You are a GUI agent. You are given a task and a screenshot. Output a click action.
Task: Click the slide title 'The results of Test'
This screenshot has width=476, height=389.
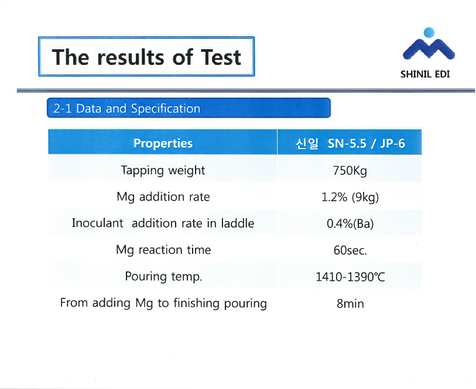pyautogui.click(x=146, y=57)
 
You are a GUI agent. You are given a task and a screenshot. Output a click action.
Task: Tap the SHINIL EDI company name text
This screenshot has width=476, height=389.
pyautogui.click(x=425, y=74)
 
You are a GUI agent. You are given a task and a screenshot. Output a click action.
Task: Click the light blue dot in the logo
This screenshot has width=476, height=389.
pyautogui.click(x=429, y=32)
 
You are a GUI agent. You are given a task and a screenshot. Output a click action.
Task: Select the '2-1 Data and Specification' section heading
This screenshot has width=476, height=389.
pyautogui.click(x=127, y=108)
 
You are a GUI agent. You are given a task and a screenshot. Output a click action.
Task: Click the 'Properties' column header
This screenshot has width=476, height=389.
pyautogui.click(x=163, y=143)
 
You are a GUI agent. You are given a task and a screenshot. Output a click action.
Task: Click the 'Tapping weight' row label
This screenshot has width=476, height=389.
pyautogui.click(x=163, y=170)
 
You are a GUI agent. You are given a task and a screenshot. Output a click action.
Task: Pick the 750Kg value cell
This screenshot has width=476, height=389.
pyautogui.click(x=350, y=171)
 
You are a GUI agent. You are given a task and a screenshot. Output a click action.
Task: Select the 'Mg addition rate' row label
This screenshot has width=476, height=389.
pyautogui.click(x=163, y=197)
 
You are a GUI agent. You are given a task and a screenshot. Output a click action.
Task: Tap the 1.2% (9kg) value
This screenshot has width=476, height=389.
pyautogui.click(x=350, y=197)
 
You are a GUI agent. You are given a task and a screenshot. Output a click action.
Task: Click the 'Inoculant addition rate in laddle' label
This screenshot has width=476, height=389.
pyautogui.click(x=163, y=223)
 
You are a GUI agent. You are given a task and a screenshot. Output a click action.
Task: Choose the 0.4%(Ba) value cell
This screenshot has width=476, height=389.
pyautogui.click(x=350, y=224)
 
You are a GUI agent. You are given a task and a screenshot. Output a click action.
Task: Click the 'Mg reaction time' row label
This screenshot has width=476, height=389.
pyautogui.click(x=163, y=250)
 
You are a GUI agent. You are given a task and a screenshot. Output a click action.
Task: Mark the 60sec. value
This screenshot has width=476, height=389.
pyautogui.click(x=350, y=250)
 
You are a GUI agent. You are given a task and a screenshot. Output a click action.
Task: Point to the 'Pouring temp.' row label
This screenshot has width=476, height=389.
pyautogui.click(x=163, y=277)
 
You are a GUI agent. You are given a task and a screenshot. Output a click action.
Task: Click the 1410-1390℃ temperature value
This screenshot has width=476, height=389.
pyautogui.click(x=350, y=277)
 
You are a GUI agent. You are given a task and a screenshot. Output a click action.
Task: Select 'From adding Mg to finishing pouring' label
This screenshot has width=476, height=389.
pyautogui.click(x=163, y=303)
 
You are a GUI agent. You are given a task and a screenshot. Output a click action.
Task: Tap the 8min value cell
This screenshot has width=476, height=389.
pyautogui.click(x=350, y=304)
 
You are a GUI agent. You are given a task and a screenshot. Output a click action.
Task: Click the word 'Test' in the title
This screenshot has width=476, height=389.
pyautogui.click(x=221, y=57)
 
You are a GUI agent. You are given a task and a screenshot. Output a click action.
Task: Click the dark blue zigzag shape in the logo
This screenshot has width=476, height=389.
pyautogui.click(x=429, y=49)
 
